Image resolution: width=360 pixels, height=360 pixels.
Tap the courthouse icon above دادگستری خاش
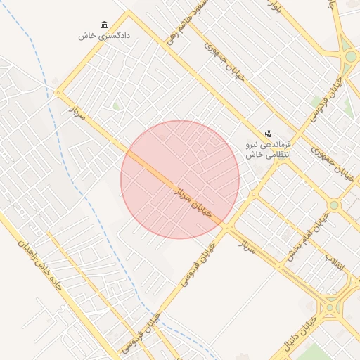point(105,25)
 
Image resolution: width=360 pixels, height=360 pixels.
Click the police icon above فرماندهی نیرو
point(268,133)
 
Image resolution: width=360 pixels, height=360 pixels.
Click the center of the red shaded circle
point(180,179)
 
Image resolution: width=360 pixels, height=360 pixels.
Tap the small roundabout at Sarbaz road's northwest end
point(58,92)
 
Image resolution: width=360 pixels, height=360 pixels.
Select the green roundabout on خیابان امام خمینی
point(334,205)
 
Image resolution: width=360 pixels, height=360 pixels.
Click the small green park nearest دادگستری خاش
point(117,106)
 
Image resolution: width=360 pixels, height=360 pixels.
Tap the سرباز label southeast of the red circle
point(247,247)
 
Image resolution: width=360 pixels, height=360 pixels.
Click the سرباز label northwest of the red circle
point(77,112)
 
